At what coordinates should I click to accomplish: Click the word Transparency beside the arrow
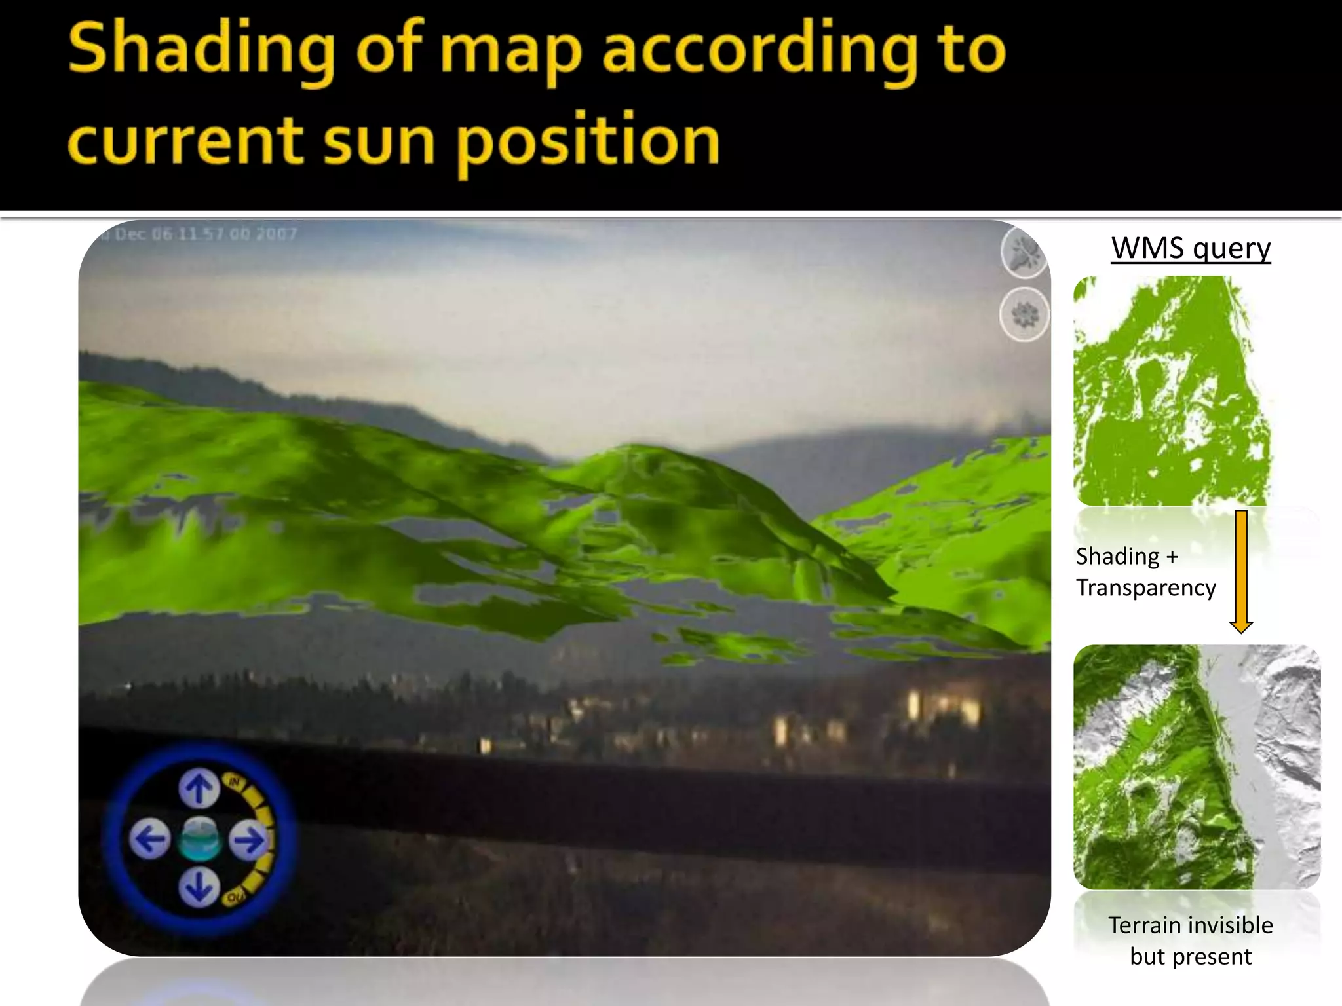pos(1145,587)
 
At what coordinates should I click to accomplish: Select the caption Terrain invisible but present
pos(1191,941)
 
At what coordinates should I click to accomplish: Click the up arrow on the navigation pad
pos(199,789)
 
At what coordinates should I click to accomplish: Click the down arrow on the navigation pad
pos(199,888)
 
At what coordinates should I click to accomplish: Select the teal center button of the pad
pos(199,840)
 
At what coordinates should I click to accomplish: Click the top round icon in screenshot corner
pos(1025,253)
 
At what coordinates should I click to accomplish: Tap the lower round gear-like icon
pos(1025,315)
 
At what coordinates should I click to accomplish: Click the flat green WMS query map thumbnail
pos(1172,392)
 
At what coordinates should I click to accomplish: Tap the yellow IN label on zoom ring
pos(234,782)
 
